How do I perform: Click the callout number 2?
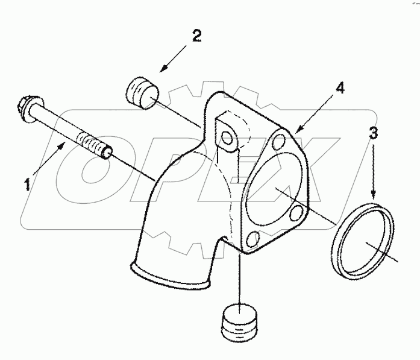click(x=196, y=36)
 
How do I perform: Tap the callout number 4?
click(x=340, y=88)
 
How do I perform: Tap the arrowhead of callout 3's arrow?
click(x=373, y=197)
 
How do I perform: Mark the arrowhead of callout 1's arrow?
click(x=64, y=144)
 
